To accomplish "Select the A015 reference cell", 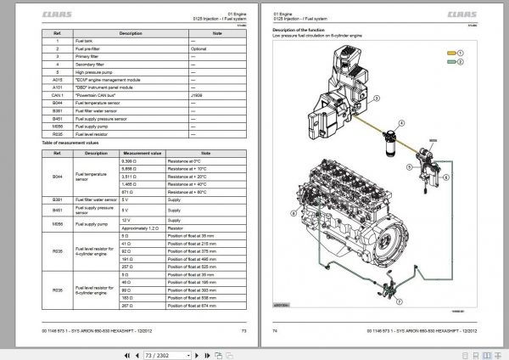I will coord(57,81).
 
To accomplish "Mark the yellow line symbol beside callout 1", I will coord(448,53).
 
